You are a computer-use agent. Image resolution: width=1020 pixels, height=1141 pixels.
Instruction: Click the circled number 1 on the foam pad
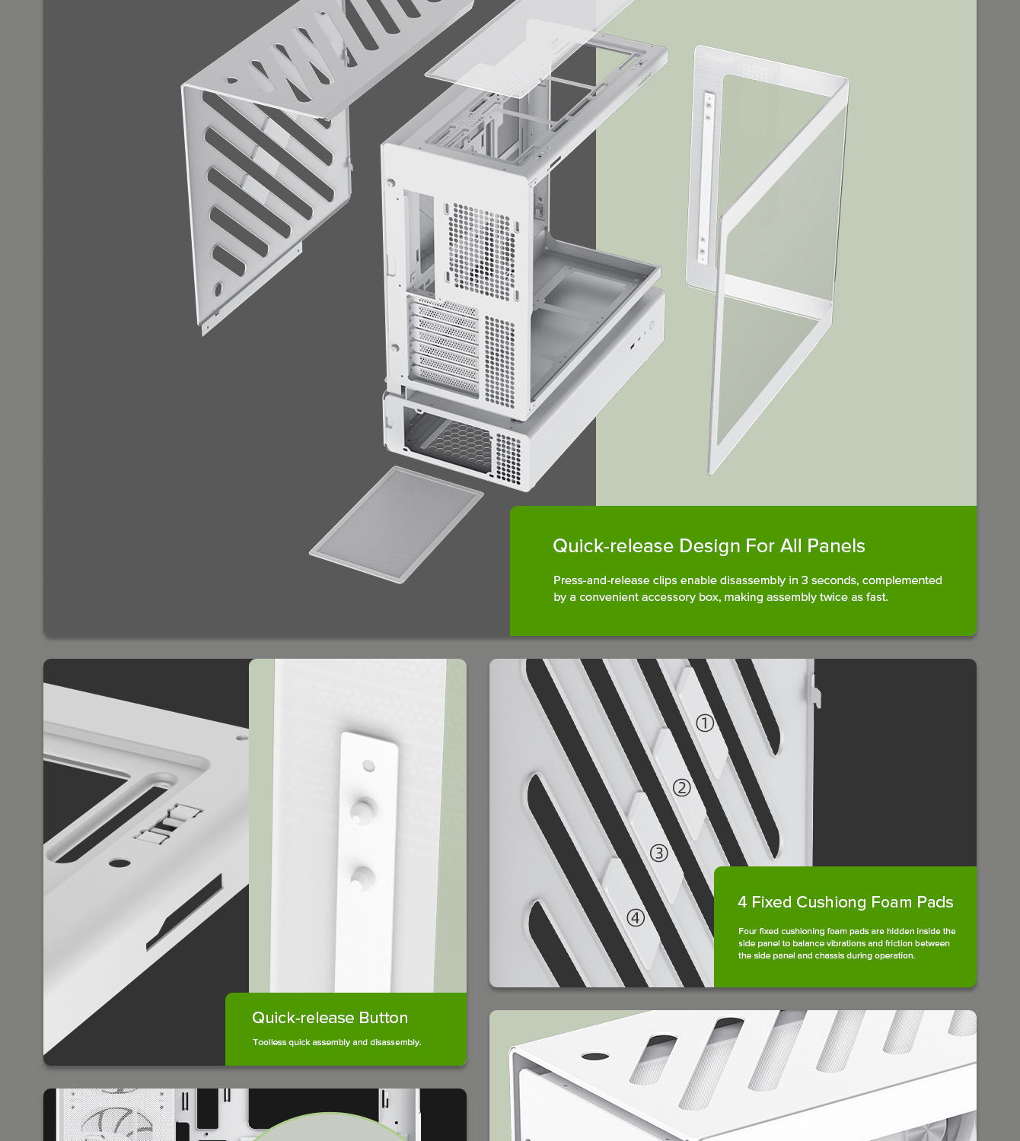705,723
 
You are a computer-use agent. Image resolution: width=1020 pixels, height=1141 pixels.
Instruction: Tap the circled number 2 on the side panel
682,787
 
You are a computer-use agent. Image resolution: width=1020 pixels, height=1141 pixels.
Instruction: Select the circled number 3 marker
659,853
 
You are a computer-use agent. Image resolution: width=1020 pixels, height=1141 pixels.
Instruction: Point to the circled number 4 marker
636,918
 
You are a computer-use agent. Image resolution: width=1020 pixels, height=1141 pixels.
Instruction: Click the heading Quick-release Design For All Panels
709,546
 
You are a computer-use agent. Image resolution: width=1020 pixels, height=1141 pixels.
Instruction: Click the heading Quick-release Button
330,1018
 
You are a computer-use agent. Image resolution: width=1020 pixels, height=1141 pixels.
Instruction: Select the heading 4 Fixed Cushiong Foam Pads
845,902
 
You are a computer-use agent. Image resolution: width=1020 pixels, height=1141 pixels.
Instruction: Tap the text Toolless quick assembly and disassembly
336,1042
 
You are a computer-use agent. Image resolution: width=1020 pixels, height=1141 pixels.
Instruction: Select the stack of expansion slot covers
445,346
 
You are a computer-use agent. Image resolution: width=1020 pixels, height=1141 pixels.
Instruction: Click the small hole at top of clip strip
369,765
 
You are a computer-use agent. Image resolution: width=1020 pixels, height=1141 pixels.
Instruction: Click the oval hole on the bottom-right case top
595,1056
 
